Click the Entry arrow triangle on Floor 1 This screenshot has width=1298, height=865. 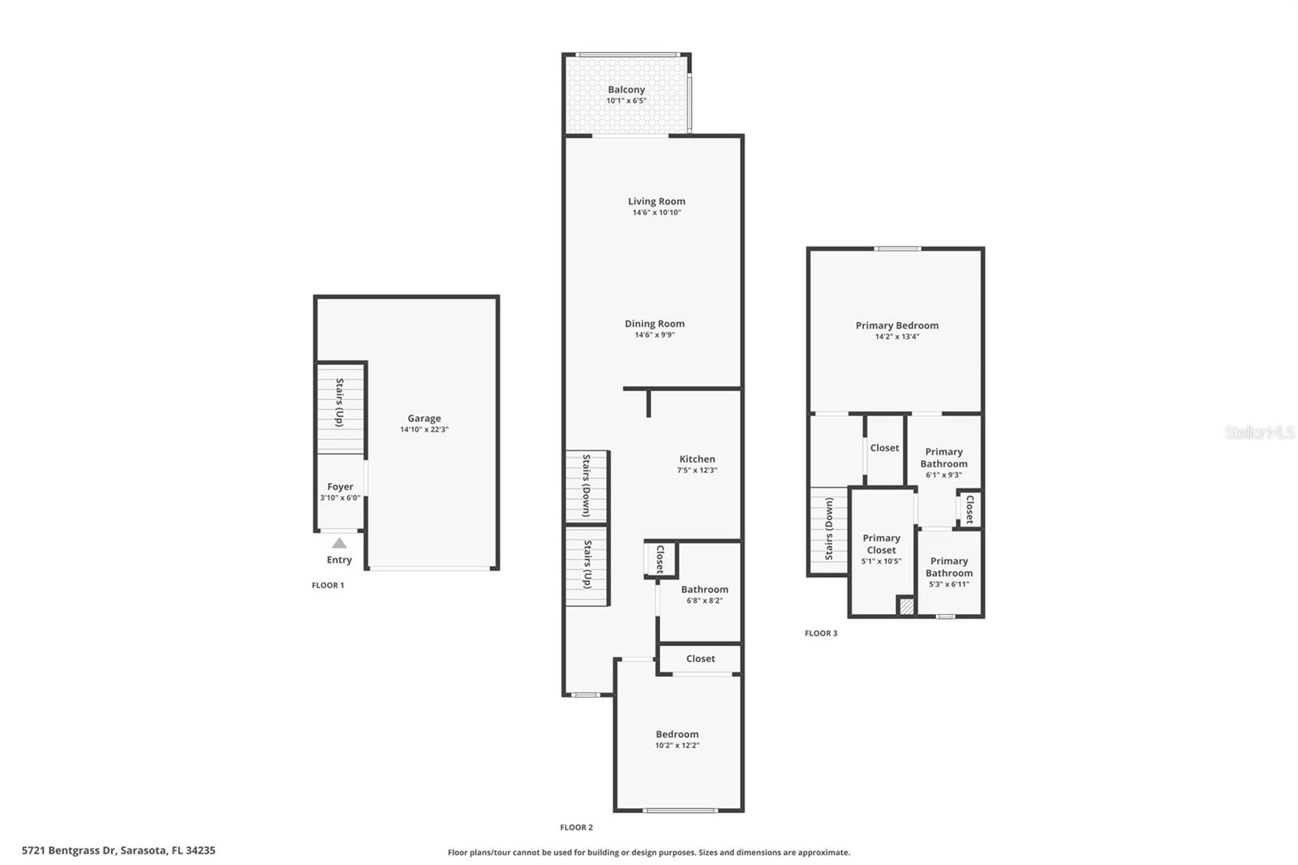pos(339,543)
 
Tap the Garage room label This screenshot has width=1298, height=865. pos(424,419)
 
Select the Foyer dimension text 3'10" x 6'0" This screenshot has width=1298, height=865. pos(340,498)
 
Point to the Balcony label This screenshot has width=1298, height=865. pos(626,90)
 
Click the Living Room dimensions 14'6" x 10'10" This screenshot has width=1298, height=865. pos(656,213)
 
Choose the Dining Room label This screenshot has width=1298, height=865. pos(655,324)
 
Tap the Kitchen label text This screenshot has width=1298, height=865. pos(697,459)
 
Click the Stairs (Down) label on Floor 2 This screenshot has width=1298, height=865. pos(587,485)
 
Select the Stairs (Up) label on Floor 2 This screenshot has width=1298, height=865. pos(587,565)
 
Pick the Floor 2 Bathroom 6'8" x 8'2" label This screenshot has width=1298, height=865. pos(704,595)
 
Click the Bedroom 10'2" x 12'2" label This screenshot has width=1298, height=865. pos(677,739)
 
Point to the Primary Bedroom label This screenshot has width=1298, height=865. pos(896,325)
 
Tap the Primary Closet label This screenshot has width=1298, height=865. pos(881,544)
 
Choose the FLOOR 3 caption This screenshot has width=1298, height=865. pos(821,634)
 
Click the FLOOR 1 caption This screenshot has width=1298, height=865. pos(328,585)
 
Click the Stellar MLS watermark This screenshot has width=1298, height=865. pos(1259,432)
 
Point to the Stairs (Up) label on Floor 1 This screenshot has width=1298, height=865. pos(340,402)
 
